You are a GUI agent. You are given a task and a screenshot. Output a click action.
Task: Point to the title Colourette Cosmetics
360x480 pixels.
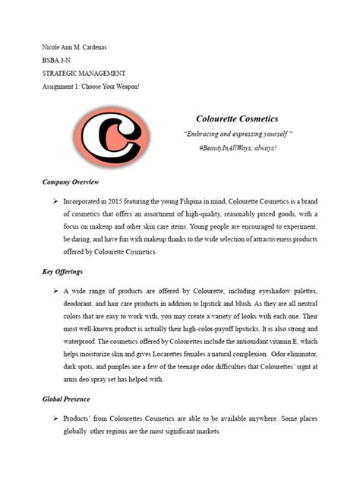click(236, 119)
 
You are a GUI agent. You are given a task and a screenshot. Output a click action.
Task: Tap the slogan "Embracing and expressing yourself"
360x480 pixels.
click(236, 134)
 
